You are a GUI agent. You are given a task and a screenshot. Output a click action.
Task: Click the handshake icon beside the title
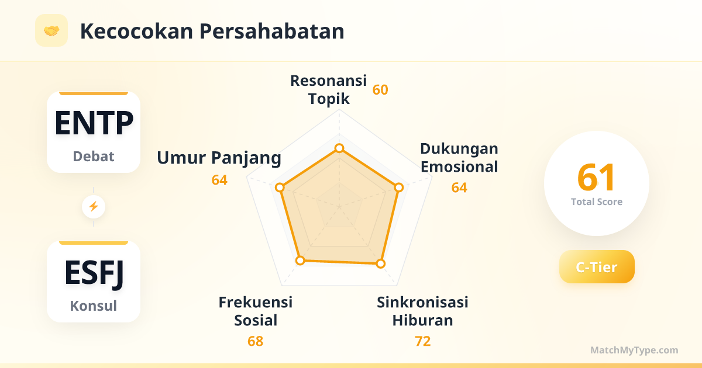(x=51, y=30)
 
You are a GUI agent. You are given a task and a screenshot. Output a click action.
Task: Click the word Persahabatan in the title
(x=271, y=32)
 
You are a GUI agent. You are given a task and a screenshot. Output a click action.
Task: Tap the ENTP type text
(x=94, y=123)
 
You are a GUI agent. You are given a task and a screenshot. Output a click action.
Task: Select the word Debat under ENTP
(x=94, y=156)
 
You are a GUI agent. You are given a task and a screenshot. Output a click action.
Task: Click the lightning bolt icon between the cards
(x=94, y=207)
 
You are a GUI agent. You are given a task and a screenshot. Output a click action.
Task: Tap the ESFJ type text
(x=94, y=273)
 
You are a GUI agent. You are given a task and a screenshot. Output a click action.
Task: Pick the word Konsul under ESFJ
(x=94, y=305)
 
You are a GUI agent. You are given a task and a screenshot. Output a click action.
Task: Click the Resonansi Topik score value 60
(x=380, y=90)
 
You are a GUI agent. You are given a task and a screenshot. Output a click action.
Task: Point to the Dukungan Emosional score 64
(x=459, y=188)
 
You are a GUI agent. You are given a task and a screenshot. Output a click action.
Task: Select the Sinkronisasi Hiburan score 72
(x=422, y=341)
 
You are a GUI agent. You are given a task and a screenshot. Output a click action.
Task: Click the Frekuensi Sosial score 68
(x=255, y=341)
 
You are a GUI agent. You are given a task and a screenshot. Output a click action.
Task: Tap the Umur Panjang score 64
(x=219, y=180)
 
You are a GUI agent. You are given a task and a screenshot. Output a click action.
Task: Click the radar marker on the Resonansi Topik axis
(x=339, y=148)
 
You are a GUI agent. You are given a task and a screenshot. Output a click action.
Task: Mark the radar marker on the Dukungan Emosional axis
(x=398, y=188)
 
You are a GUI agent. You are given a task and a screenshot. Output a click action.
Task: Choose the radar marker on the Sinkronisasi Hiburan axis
(x=380, y=263)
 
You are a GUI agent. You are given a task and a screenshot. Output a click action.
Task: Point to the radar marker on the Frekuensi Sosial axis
(x=300, y=261)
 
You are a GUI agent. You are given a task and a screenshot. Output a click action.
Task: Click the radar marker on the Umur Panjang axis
(x=280, y=188)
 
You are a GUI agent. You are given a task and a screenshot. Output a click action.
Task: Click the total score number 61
(x=596, y=178)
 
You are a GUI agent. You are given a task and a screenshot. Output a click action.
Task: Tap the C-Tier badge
(x=597, y=266)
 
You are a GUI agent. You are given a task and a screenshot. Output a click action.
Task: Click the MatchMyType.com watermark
(x=634, y=350)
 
